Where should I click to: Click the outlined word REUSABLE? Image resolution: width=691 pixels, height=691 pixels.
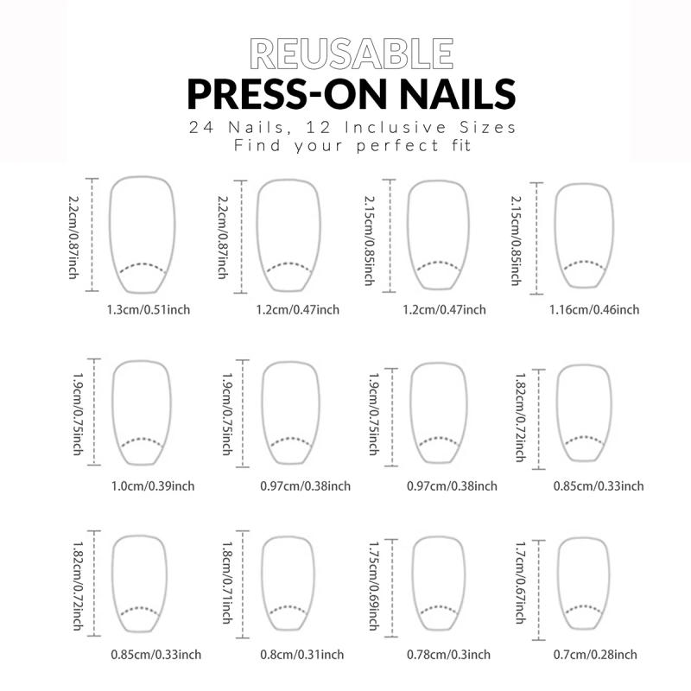350,54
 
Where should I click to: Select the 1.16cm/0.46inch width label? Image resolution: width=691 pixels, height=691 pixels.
594,309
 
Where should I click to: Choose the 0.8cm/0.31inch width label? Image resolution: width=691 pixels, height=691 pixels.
302,655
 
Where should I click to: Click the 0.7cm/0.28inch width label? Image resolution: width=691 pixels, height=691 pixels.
596,655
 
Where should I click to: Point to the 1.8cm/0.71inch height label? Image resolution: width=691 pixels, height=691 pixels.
226,587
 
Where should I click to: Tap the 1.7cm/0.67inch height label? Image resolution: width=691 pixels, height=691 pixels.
521,587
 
